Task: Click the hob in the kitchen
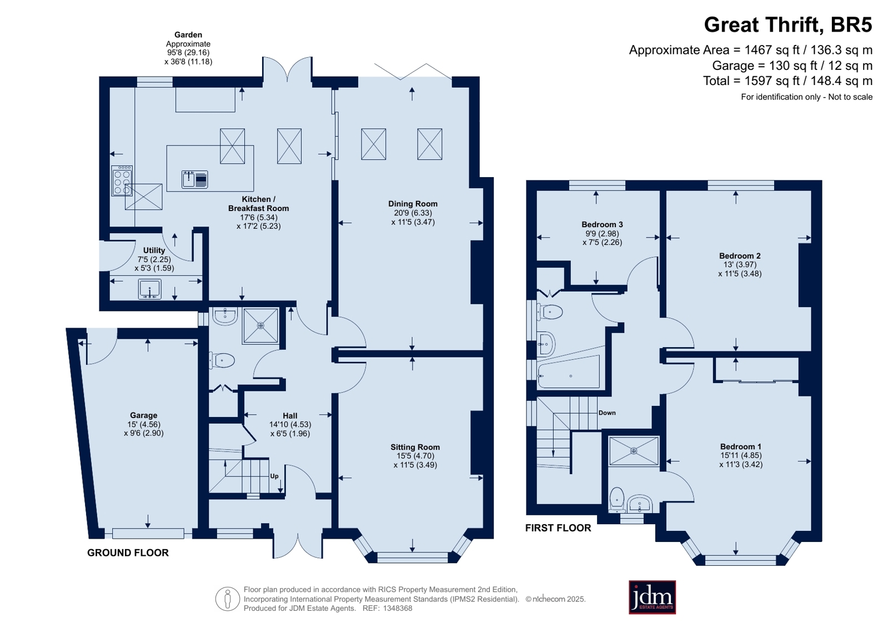click(x=122, y=181)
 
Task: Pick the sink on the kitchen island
click(x=194, y=179)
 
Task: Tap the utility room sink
click(x=150, y=289)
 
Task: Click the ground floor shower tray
click(x=260, y=325)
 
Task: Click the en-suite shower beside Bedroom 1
click(x=634, y=451)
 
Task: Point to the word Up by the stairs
click(x=274, y=476)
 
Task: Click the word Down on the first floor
click(x=607, y=413)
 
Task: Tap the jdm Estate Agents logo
click(x=652, y=597)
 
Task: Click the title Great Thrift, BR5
click(x=787, y=24)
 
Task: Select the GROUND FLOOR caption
click(x=128, y=552)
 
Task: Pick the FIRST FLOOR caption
click(x=558, y=527)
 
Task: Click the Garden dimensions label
click(x=188, y=48)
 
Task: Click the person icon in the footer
click(x=228, y=599)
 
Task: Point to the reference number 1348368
click(x=398, y=608)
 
